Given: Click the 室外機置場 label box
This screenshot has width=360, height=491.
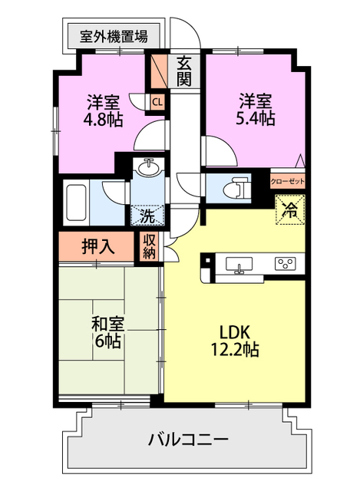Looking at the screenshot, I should (114, 35).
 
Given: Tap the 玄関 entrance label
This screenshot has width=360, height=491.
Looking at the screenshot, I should (185, 70).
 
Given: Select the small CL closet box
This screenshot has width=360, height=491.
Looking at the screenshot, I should (157, 101).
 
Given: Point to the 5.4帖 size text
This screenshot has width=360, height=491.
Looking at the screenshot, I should (256, 118).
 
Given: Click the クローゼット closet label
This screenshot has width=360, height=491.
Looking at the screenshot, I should (288, 181).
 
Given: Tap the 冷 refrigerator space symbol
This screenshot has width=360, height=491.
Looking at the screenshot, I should (290, 208).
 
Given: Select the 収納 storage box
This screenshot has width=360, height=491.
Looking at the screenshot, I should (150, 246).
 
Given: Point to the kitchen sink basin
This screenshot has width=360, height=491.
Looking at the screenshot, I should (241, 265).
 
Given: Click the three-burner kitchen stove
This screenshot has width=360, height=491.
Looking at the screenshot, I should (286, 265).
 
